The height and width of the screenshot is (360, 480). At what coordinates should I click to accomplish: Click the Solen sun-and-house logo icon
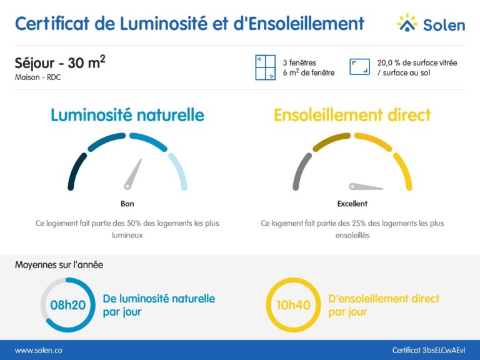click(x=407, y=23)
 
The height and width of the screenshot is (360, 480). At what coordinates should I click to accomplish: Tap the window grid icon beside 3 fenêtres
click(x=265, y=67)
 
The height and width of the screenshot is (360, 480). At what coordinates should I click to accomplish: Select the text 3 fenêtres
click(x=299, y=62)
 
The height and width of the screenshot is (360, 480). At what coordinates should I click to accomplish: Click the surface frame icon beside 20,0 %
click(x=359, y=67)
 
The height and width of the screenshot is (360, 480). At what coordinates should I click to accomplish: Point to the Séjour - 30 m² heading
click(x=59, y=63)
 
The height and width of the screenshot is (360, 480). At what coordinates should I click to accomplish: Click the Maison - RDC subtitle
click(x=38, y=77)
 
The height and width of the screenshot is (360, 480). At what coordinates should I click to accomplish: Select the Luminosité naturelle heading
click(x=127, y=115)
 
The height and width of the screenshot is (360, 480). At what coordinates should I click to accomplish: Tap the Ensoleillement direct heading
click(x=352, y=115)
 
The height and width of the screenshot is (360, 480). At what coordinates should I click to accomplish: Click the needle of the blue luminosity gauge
click(x=132, y=174)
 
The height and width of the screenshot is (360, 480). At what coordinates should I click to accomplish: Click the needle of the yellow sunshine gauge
click(x=366, y=186)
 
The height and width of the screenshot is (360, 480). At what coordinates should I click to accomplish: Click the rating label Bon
click(x=127, y=204)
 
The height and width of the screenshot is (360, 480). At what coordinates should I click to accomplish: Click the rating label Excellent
click(x=352, y=204)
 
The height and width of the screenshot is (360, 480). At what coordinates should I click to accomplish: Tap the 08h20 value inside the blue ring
click(x=67, y=305)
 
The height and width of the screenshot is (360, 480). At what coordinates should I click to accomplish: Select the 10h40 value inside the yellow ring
click(x=293, y=305)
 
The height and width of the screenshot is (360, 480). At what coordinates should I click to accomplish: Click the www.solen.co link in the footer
click(x=38, y=351)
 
